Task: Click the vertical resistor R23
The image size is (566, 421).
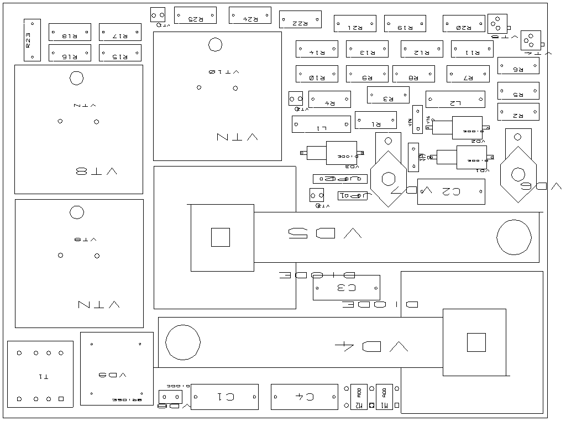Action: [x=32, y=40]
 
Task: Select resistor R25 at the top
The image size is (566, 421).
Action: [x=195, y=15]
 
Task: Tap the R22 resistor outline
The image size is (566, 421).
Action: [x=300, y=19]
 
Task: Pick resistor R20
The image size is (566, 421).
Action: [x=464, y=23]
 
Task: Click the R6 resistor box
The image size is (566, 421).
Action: [x=518, y=65]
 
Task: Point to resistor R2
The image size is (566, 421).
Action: [x=518, y=112]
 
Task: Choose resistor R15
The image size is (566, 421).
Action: [x=120, y=53]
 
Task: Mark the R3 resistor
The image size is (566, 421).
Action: [x=388, y=95]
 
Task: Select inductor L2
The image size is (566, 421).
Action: [x=455, y=100]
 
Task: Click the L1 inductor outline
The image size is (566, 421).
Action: [x=321, y=124]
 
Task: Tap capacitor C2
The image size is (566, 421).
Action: [x=451, y=191]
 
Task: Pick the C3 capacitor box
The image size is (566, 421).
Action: [x=346, y=288]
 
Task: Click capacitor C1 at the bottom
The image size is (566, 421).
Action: [x=224, y=397]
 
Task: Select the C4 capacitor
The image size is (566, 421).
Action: [x=304, y=397]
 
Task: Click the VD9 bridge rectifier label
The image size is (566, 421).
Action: [x=117, y=375]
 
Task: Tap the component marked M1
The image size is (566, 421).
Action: [x=384, y=397]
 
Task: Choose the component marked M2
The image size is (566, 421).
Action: [x=359, y=397]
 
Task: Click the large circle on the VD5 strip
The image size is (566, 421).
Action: [x=513, y=237]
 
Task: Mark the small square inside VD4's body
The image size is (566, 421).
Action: [x=476, y=342]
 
